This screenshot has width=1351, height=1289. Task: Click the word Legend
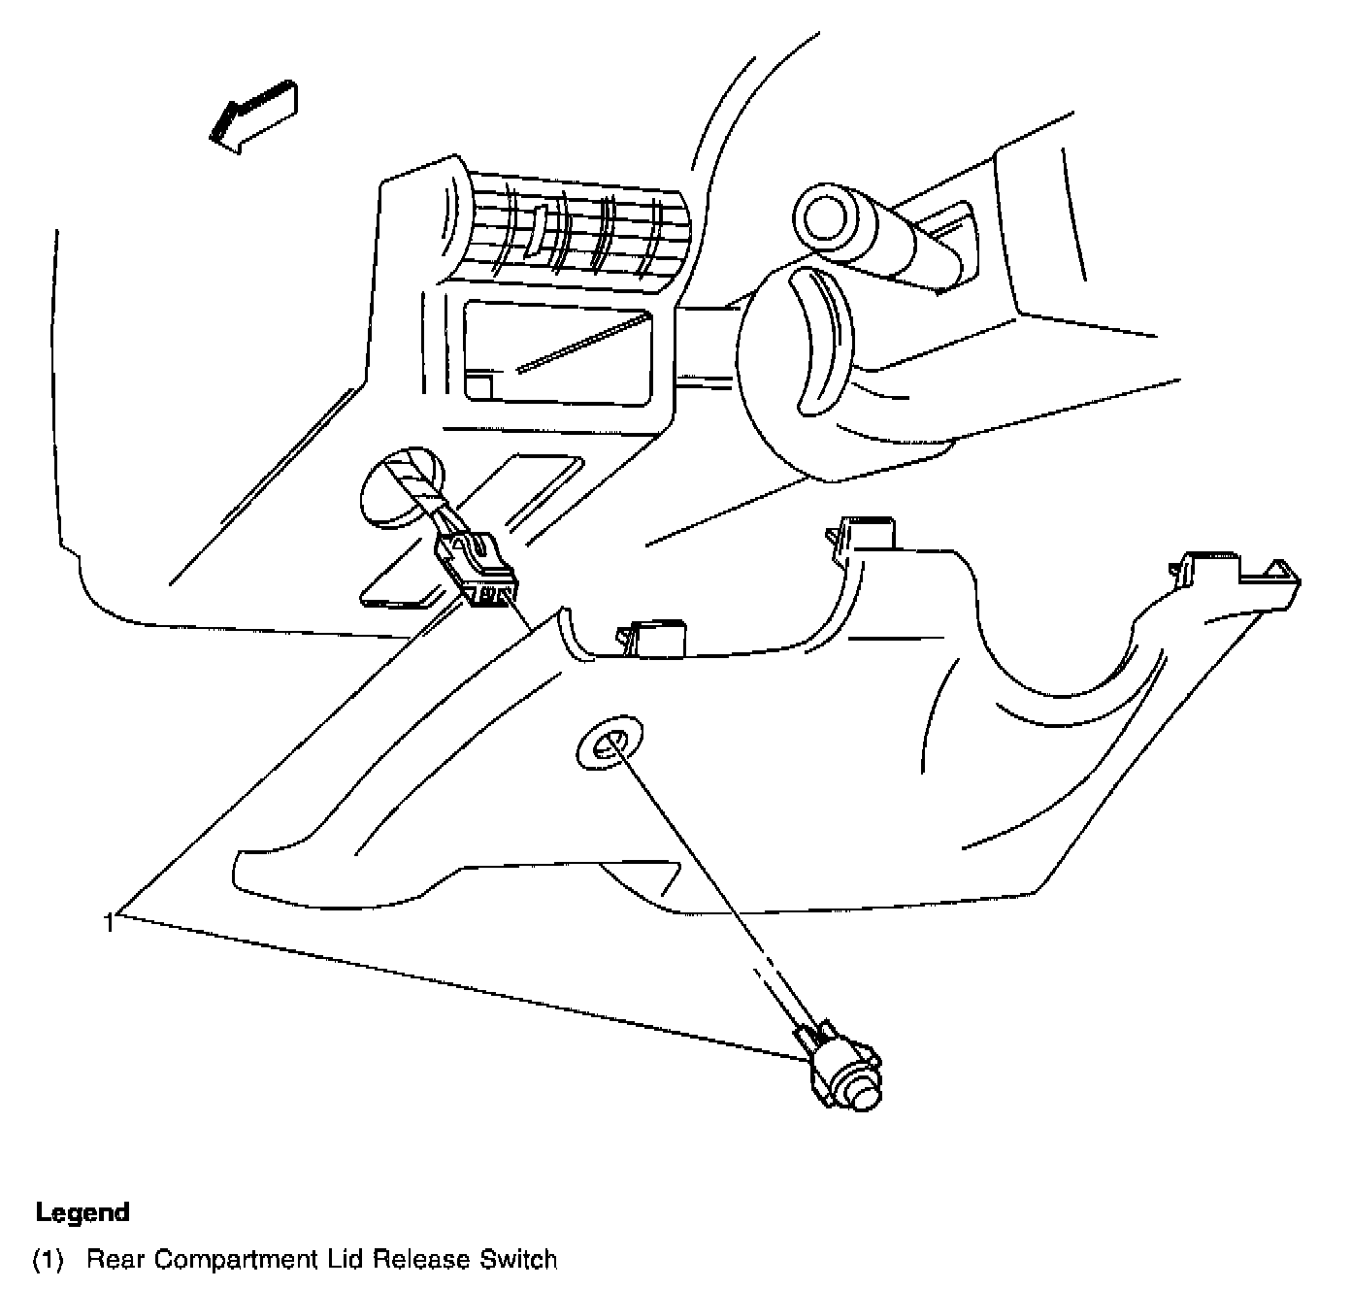pos(82,1212)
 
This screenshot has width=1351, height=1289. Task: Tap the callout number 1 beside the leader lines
pos(111,923)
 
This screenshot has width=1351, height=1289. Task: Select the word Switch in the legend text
pos(519,1260)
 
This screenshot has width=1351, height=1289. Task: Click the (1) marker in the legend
pos(49,1261)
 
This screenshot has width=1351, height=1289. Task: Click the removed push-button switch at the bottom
pos(843,1068)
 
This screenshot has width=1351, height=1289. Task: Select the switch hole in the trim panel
pos(609,745)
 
